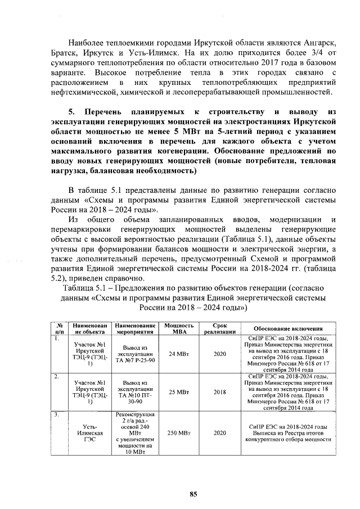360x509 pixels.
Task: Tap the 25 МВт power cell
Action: click(x=179, y=392)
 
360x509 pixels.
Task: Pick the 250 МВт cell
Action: click(x=179, y=434)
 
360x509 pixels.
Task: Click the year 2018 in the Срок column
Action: click(x=220, y=392)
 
